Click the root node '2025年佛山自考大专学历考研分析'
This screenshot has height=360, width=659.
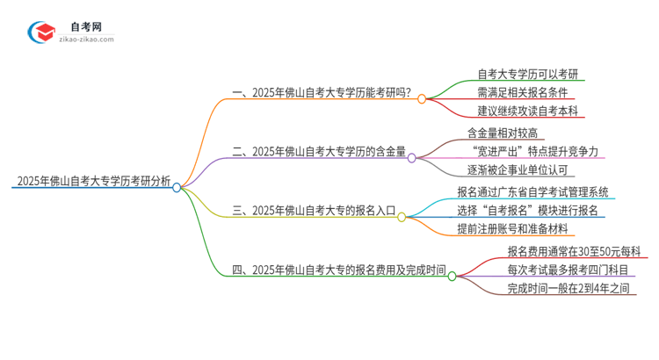pos(92,182)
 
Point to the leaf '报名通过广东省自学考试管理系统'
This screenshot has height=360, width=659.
pos(532,191)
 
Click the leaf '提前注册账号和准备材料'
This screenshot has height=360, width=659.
pos(514,229)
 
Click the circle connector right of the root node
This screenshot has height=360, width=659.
pos(177,187)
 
